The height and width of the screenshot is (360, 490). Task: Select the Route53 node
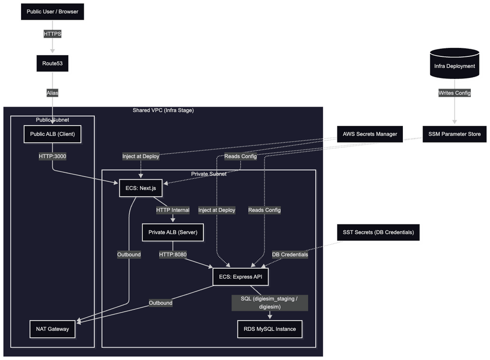(53, 63)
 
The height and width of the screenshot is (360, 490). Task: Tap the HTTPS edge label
(53, 34)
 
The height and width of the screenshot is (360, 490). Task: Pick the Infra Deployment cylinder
(454, 66)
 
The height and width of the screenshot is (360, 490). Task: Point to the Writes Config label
(454, 93)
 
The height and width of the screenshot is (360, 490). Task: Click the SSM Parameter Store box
(454, 134)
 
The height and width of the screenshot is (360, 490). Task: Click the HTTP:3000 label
(53, 156)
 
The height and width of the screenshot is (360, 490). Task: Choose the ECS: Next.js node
(141, 188)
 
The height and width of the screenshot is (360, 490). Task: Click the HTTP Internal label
(172, 210)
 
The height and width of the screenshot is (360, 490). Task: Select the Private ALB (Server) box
(173, 232)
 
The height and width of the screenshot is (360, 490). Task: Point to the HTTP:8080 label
(173, 254)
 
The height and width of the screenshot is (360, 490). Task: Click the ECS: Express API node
(244, 276)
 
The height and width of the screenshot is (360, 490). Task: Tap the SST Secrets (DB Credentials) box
(378, 232)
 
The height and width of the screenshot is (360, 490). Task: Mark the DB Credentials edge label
(290, 254)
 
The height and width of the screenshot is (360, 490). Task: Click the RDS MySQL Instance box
(270, 329)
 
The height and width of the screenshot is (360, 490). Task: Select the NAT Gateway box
(53, 329)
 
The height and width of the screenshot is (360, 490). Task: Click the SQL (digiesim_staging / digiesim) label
(269, 303)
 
